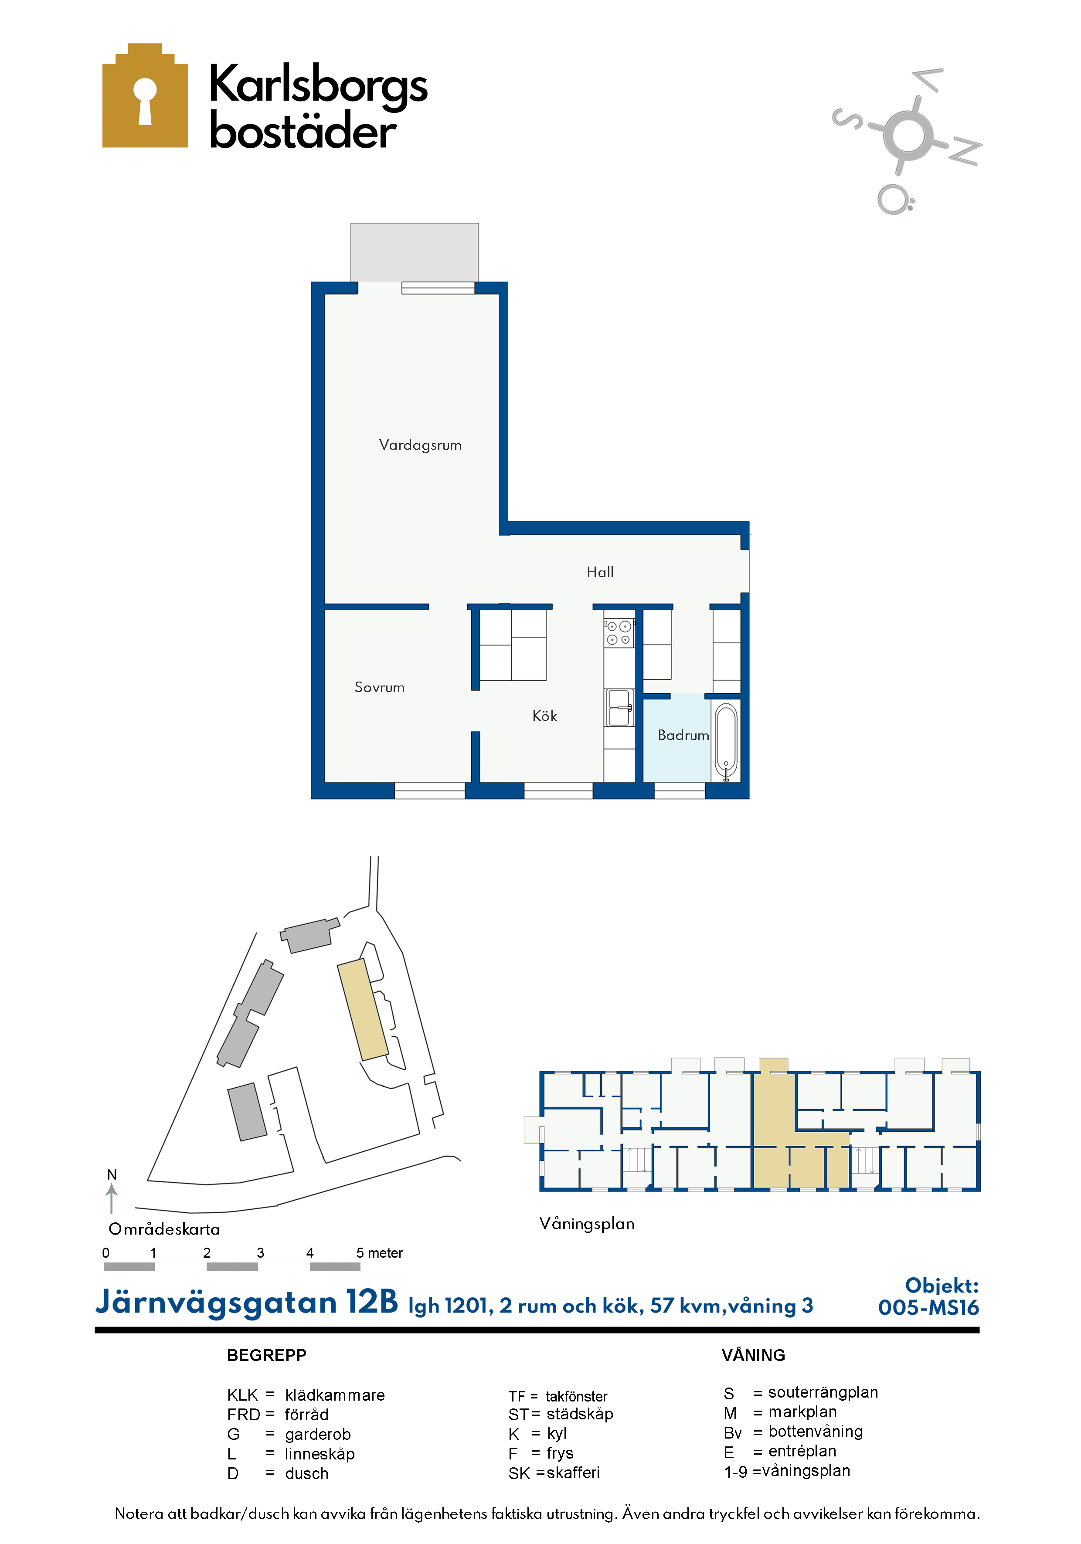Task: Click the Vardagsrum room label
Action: click(421, 445)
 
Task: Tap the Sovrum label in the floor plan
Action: click(379, 687)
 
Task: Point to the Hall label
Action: click(600, 572)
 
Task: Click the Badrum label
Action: click(683, 735)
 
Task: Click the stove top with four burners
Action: click(619, 633)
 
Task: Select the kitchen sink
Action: click(619, 707)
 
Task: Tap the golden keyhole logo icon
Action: click(145, 95)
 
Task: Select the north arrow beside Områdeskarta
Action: click(112, 1199)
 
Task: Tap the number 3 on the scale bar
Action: click(260, 1253)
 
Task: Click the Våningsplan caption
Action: click(587, 1223)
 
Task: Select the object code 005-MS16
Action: click(928, 1307)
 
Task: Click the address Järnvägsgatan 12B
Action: click(247, 1303)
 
